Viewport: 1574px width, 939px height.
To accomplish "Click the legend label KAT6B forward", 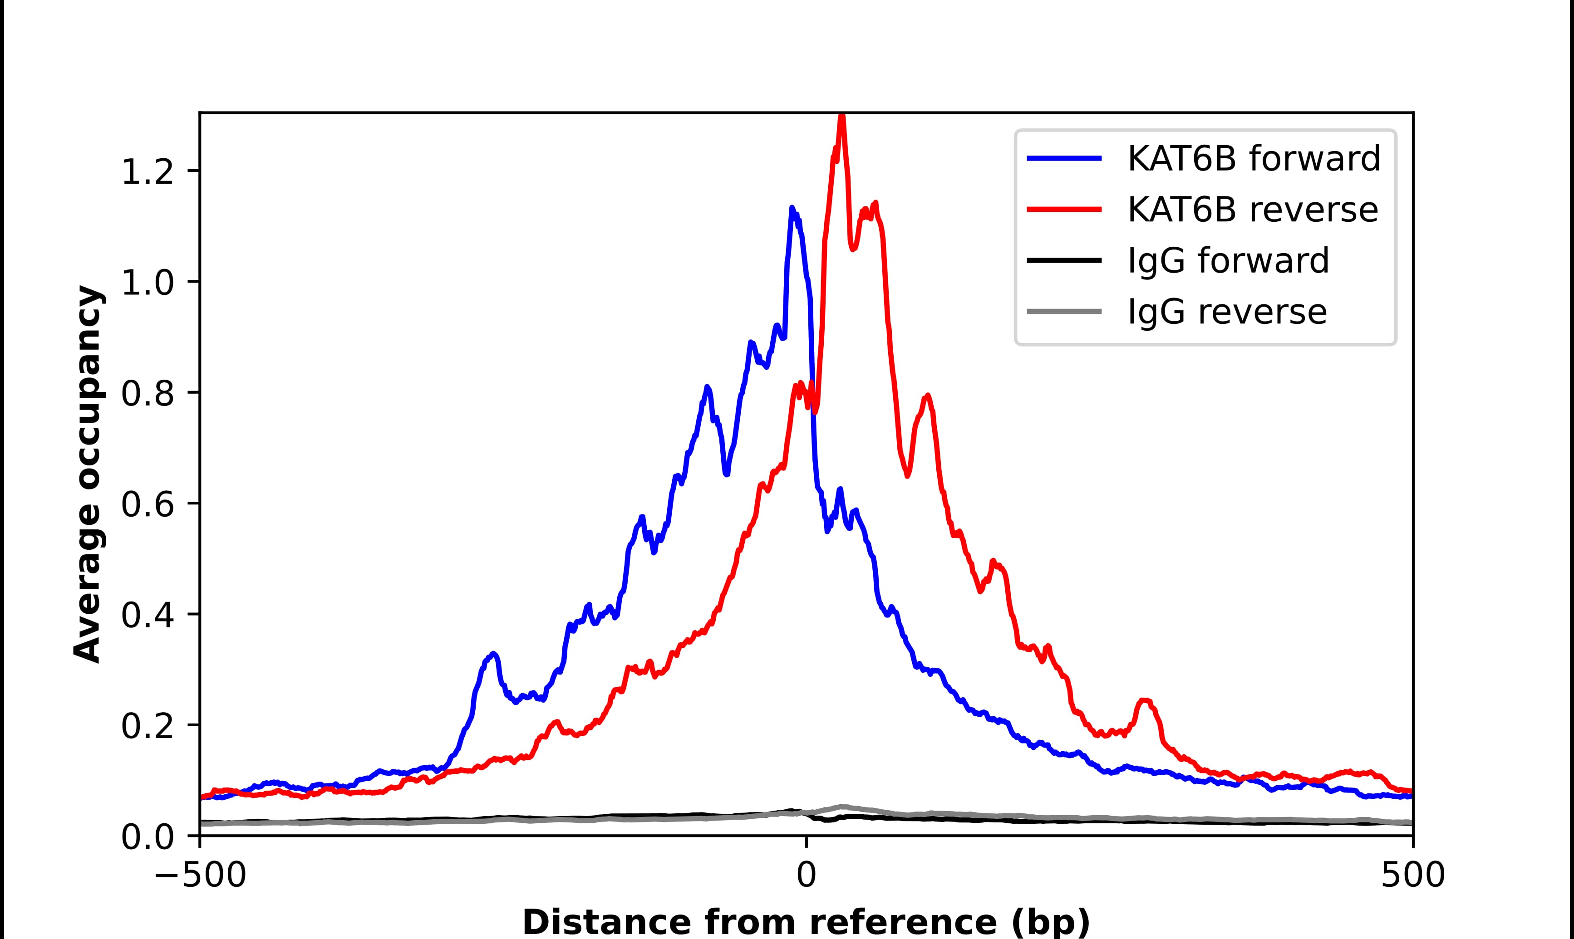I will (1253, 158).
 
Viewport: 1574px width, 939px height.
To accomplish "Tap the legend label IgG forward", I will (1228, 261).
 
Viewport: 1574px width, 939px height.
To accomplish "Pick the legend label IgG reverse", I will (1226, 312).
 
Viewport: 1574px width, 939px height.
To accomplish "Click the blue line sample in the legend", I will (1064, 158).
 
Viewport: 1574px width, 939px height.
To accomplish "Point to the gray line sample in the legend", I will (1064, 311).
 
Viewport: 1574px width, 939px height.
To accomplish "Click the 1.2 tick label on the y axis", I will (147, 171).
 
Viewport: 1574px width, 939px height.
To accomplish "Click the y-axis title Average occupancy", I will (87, 474).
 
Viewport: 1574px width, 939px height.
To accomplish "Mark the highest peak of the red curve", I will (841, 117).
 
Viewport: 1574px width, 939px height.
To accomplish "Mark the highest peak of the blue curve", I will (791, 208).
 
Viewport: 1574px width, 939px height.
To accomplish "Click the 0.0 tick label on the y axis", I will (147, 836).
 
